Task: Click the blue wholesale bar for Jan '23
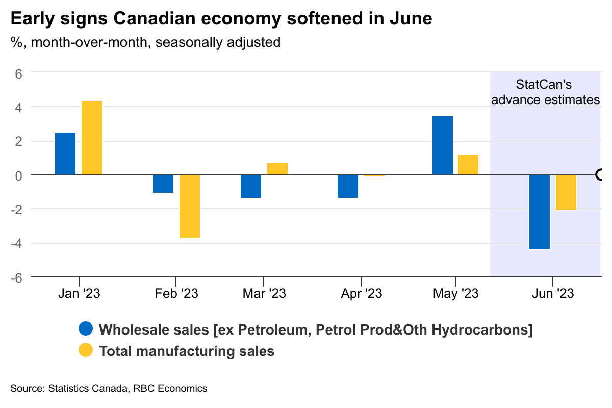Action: (65, 154)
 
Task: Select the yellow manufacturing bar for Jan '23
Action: (92, 138)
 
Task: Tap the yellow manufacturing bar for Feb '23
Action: (190, 206)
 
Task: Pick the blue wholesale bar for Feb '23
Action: (163, 184)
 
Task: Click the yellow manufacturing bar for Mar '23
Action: (277, 169)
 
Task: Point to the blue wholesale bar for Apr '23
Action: (348, 186)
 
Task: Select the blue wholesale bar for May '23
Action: (443, 145)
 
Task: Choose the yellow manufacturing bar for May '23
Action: (468, 165)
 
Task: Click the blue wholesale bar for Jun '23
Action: (540, 212)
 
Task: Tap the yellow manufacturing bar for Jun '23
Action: (566, 192)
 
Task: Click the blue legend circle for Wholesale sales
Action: (86, 329)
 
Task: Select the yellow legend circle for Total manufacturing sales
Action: (86, 351)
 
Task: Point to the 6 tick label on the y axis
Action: (19, 73)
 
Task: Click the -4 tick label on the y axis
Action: (17, 243)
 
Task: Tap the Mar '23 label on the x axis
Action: (264, 294)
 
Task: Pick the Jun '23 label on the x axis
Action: (552, 294)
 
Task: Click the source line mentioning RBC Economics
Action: (109, 389)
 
